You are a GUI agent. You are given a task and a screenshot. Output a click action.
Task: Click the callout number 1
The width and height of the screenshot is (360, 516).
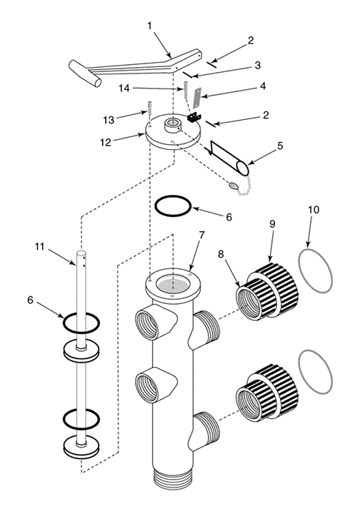point(150,26)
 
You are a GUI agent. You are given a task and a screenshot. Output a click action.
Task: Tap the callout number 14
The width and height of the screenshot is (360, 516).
point(124,88)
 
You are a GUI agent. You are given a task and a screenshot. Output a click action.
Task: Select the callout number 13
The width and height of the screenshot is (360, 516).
point(109,120)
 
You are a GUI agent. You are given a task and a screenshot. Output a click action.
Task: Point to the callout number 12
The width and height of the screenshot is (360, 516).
point(106,142)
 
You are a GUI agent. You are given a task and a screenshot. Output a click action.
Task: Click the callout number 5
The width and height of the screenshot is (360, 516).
point(280,146)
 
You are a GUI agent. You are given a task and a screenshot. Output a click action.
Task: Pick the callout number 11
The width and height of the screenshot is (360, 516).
point(39,246)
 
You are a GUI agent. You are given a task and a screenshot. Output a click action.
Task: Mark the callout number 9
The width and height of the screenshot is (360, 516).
point(272,224)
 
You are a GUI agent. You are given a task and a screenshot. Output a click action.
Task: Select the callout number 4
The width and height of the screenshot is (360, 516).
point(263,86)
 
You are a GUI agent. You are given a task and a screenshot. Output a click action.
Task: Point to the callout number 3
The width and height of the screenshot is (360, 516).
point(257,65)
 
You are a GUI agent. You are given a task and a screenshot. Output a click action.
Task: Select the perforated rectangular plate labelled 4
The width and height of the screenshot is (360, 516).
point(196,98)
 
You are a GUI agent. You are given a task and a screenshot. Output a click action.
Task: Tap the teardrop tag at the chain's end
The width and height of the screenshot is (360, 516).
point(233,186)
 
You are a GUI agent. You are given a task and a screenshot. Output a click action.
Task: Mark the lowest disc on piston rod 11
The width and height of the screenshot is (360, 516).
point(81,447)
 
